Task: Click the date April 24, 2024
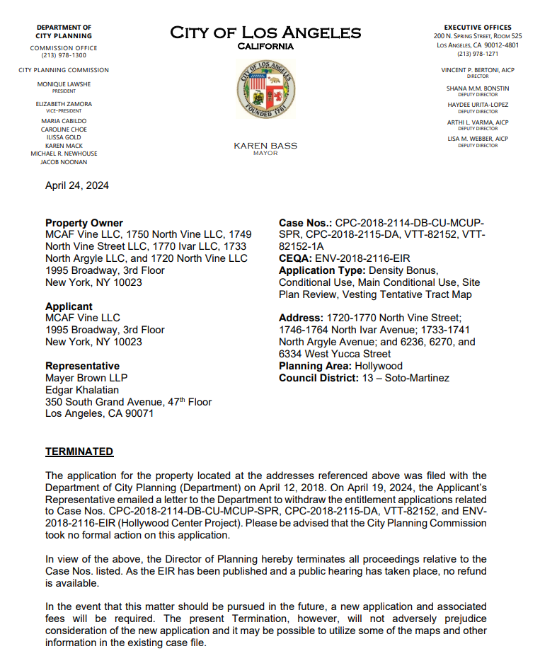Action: [x=77, y=186]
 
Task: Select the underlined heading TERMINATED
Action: [x=79, y=451]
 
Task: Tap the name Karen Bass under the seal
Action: [x=265, y=146]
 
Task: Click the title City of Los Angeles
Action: [x=265, y=33]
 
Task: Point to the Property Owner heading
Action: [x=84, y=223]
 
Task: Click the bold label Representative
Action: [x=82, y=366]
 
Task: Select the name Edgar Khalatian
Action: [x=82, y=390]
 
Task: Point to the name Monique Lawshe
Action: [x=64, y=84]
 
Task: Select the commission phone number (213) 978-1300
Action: [x=64, y=55]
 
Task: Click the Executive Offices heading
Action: [x=478, y=28]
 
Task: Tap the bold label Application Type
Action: [x=321, y=271]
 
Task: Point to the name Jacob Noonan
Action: [x=64, y=162]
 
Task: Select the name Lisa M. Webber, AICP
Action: [x=478, y=139]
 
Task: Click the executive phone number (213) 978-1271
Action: [x=478, y=54]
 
